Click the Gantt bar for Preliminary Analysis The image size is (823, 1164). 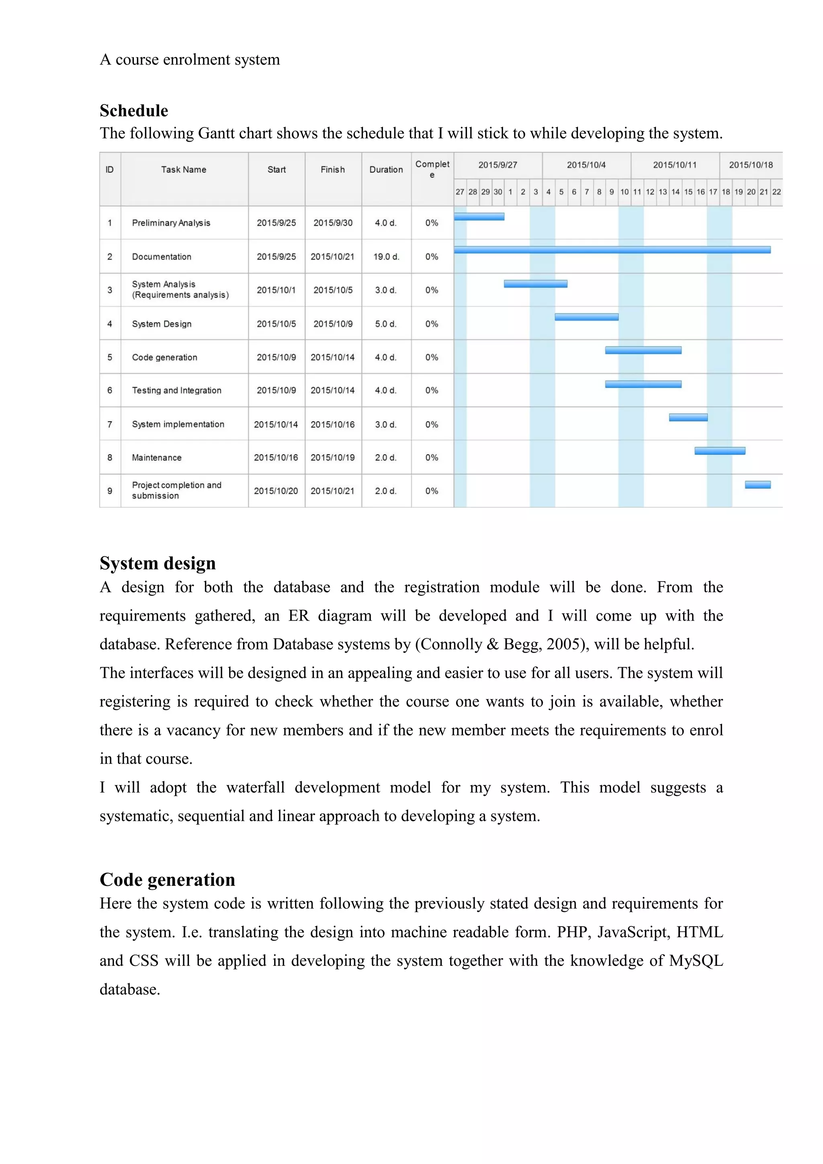point(479,217)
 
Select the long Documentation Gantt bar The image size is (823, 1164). point(612,250)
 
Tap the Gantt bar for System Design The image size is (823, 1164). point(586,317)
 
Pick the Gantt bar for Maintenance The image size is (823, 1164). point(720,451)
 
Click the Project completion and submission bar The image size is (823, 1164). point(757,485)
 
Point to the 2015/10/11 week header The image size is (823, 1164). point(675,165)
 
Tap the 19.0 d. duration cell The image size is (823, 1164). point(386,256)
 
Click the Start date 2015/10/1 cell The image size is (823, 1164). point(276,290)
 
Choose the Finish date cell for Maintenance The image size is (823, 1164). point(332,457)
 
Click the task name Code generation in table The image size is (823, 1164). point(165,357)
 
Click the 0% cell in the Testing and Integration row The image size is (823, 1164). point(432,390)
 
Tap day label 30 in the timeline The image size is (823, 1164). point(497,192)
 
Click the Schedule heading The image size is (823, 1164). point(134,111)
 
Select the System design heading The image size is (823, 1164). point(158,563)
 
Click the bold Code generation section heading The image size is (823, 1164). point(167,879)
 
